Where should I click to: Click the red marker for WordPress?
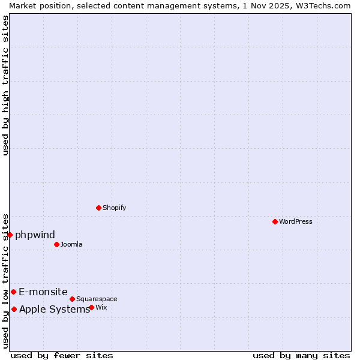pos(275,221)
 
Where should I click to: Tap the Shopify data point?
pos(98,208)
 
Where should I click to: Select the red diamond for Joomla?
pos(56,244)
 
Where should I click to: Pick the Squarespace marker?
pos(72,299)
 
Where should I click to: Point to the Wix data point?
pos(91,307)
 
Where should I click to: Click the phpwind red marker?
pos(10,235)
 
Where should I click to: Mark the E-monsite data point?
pos(13,292)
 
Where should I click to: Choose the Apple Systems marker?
pos(14,309)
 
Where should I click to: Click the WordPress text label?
pos(296,221)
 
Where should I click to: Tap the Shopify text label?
pos(114,208)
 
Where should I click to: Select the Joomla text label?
pos(71,244)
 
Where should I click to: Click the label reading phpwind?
pos(35,235)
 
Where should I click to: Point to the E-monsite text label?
pos(43,292)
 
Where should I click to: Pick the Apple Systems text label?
pos(54,309)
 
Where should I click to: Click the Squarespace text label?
pos(97,299)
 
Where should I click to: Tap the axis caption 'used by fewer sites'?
pos(62,355)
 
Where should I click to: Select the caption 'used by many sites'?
pos(301,355)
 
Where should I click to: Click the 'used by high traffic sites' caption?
pos(5,85)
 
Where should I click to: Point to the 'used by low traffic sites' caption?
pos(5,280)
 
